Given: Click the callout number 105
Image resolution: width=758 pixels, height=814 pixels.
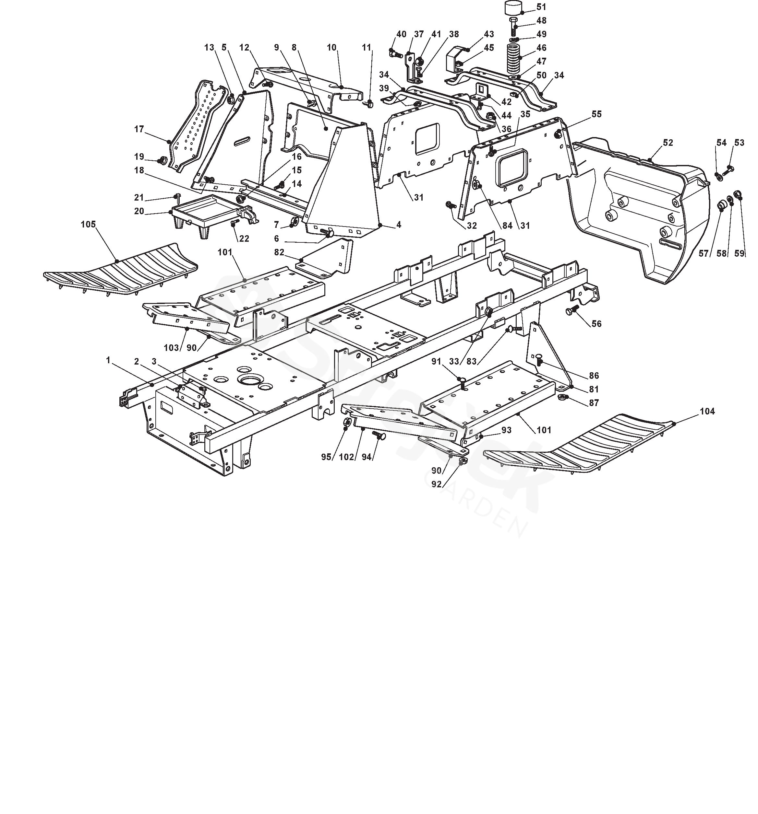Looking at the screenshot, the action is [x=88, y=224].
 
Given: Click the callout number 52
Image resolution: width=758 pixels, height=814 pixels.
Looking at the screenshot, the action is [x=668, y=143].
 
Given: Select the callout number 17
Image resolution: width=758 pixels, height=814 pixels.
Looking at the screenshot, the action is [x=139, y=129].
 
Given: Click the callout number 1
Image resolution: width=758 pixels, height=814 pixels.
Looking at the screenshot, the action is [x=108, y=360].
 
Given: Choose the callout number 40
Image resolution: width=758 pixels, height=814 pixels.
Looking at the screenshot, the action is [x=401, y=34].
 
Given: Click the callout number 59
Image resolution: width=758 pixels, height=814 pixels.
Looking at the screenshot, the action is [x=739, y=253].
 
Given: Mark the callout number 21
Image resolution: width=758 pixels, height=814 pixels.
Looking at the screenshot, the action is [x=139, y=198].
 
